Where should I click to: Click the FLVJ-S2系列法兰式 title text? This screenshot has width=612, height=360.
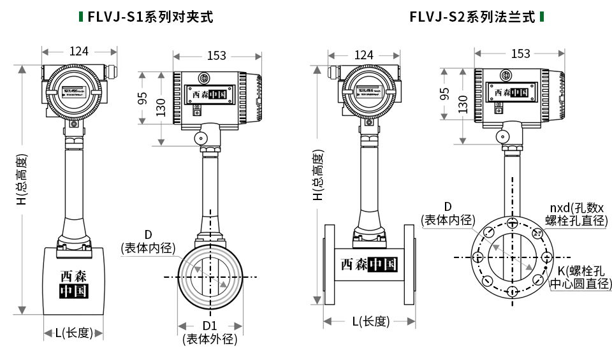pyautogui.click(x=472, y=17)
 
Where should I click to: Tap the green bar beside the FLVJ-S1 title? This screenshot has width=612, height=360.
pyautogui.click(x=80, y=17)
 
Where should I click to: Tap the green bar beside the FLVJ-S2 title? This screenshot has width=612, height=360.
pyautogui.click(x=541, y=17)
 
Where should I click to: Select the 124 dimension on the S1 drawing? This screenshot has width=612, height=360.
pyautogui.click(x=79, y=52)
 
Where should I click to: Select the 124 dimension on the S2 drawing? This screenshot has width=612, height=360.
pyautogui.click(x=363, y=55)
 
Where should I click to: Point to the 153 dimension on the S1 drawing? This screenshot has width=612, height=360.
pyautogui.click(x=216, y=56)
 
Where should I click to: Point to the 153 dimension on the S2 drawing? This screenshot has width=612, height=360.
pyautogui.click(x=520, y=54)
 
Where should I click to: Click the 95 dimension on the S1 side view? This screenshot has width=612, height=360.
pyautogui.click(x=144, y=98)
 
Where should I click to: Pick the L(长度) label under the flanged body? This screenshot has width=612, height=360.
pyautogui.click(x=370, y=321)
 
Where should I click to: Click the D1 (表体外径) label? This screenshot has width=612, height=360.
pyautogui.click(x=210, y=333)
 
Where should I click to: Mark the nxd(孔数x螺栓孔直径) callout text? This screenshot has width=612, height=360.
pyautogui.click(x=576, y=214)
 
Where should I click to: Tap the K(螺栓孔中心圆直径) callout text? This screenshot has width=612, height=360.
pyautogui.click(x=580, y=277)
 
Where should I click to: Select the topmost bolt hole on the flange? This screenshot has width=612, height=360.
pyautogui.click(x=513, y=223)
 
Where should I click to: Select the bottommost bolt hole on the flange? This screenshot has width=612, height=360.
pyautogui.click(x=513, y=291)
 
